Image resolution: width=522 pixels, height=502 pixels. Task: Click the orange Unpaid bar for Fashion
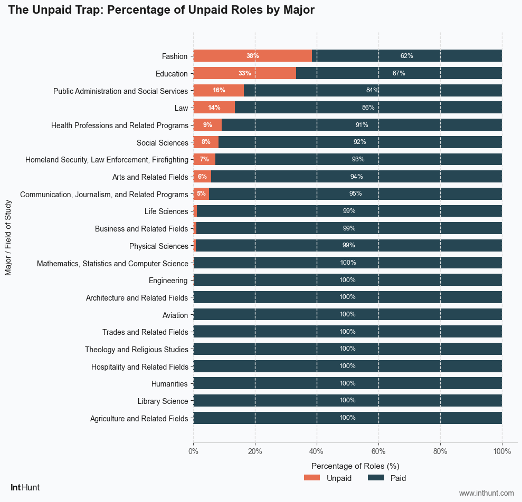pyautogui.click(x=252, y=56)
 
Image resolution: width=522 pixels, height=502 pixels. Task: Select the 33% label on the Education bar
pyautogui.click(x=244, y=73)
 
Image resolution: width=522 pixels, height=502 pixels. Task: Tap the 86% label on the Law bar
pyautogui.click(x=368, y=108)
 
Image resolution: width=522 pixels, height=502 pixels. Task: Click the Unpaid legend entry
pyautogui.click(x=328, y=478)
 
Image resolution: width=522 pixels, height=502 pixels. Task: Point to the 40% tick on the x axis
pyautogui.click(x=317, y=451)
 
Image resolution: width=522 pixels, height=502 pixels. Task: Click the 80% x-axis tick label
pyautogui.click(x=440, y=451)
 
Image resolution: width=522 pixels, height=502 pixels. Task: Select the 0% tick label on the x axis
pyautogui.click(x=194, y=451)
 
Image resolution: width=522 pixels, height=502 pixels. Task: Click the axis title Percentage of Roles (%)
pyautogui.click(x=355, y=466)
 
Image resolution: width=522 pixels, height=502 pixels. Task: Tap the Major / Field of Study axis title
pyautogui.click(x=8, y=237)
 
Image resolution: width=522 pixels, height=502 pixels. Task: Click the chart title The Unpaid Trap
pyautogui.click(x=162, y=10)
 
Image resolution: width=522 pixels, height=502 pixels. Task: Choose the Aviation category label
pyautogui.click(x=175, y=315)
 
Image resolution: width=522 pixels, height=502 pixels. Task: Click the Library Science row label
pyautogui.click(x=163, y=401)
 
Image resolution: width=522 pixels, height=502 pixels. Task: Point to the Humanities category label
pyautogui.click(x=169, y=384)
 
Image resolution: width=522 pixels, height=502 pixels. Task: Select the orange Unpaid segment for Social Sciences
pyautogui.click(x=206, y=142)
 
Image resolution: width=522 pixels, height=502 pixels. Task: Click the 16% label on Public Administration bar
pyautogui.click(x=219, y=90)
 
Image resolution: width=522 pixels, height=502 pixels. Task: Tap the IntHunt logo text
pyautogui.click(x=25, y=488)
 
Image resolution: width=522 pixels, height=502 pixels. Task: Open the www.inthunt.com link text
pyautogui.click(x=486, y=493)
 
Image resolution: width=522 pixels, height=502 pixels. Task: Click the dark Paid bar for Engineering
pyautogui.click(x=347, y=280)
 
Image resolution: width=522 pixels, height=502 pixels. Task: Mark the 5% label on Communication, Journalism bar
pyautogui.click(x=201, y=194)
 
